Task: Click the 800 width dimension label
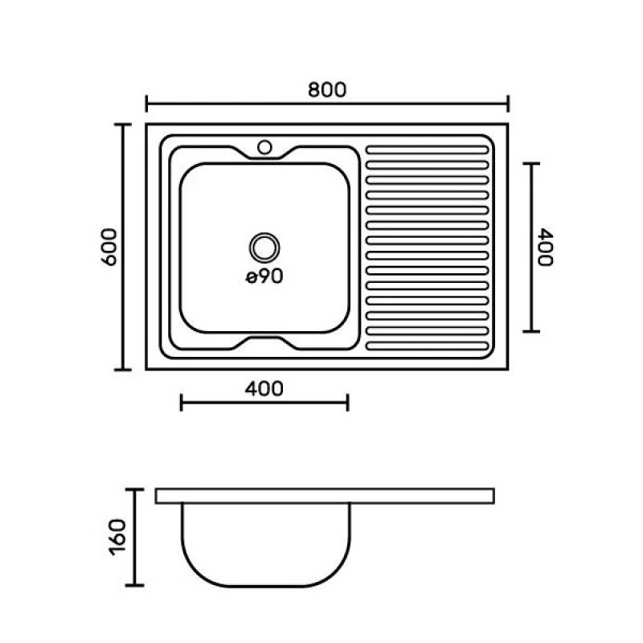click(x=327, y=90)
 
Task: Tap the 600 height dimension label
click(x=109, y=247)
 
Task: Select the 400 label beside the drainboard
click(x=546, y=248)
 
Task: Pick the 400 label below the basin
click(x=264, y=389)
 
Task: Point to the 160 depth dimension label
click(x=118, y=537)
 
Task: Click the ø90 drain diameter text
click(x=264, y=276)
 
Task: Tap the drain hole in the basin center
click(x=264, y=248)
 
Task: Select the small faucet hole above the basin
click(x=264, y=147)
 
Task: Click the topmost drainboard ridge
click(x=427, y=150)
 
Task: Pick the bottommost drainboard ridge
click(x=427, y=346)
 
